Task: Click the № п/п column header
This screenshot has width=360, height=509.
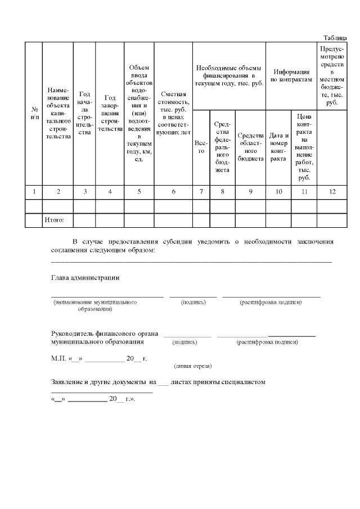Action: (34, 112)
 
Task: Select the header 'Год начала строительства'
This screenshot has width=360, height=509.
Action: (85, 112)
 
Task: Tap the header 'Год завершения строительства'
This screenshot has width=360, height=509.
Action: (110, 112)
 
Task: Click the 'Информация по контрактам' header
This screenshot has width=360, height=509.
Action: (291, 75)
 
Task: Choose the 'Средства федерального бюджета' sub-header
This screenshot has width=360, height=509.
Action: (222, 147)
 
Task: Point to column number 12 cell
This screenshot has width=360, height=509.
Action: (332, 192)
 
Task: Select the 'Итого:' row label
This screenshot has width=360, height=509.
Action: (55, 220)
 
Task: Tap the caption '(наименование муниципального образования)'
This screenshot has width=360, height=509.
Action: (95, 305)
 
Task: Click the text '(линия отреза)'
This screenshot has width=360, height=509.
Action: (193, 366)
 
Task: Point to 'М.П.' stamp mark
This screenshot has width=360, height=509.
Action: (58, 358)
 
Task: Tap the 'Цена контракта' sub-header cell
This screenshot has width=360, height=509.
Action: (304, 147)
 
